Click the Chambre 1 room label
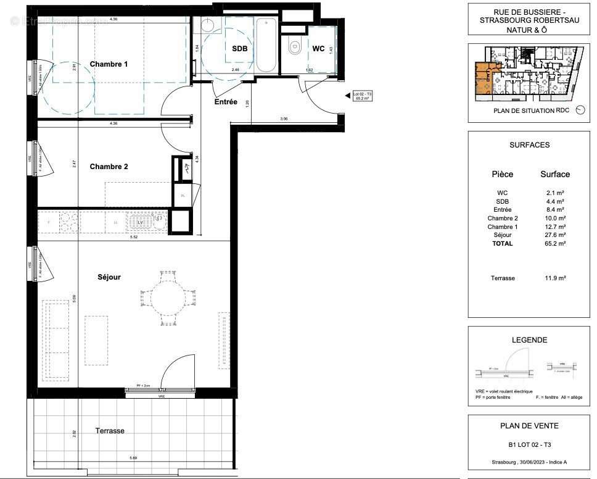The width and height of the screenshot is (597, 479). (109, 64)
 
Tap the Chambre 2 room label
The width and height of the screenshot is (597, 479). (109, 167)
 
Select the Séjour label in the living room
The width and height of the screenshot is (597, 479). (109, 277)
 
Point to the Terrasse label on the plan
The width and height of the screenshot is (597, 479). (110, 431)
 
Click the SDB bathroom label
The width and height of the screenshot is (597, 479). (239, 49)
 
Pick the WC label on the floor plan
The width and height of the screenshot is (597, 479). (318, 48)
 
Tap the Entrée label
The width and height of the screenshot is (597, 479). (226, 102)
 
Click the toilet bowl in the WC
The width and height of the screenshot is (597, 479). (294, 45)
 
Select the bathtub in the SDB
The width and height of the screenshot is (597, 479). (267, 44)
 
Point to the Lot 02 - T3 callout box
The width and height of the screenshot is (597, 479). (362, 96)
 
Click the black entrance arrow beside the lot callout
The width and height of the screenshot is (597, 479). (347, 96)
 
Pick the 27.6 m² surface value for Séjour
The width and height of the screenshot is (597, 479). (555, 235)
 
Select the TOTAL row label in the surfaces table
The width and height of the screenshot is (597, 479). (502, 243)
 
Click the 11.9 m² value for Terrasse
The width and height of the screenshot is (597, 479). (555, 278)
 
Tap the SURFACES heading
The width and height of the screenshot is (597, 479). (529, 145)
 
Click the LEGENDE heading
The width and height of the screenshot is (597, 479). (529, 340)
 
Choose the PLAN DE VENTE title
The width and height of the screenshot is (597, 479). (529, 425)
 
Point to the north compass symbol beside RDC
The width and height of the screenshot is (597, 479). (578, 110)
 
